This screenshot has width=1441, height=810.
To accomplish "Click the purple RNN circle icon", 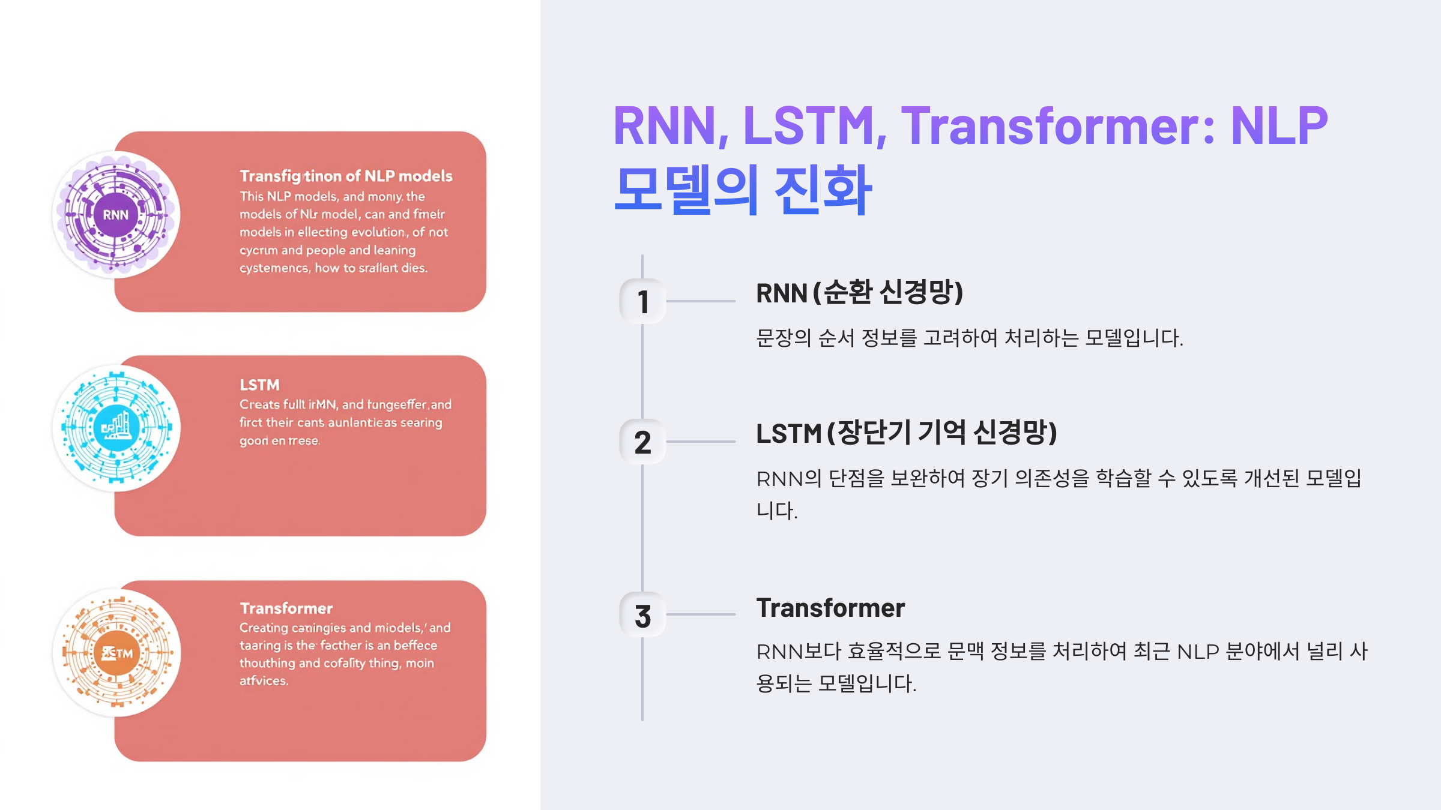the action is click(x=116, y=214).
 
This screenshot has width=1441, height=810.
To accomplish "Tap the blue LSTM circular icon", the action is click(x=116, y=428).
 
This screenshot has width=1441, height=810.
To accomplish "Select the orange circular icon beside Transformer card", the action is click(x=116, y=653).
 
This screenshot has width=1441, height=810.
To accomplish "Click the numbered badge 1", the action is click(x=642, y=301).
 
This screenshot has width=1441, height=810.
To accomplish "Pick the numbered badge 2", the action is click(x=642, y=442).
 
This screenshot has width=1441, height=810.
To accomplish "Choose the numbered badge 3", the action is click(x=642, y=616).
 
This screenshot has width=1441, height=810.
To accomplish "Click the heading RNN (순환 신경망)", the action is click(x=859, y=293).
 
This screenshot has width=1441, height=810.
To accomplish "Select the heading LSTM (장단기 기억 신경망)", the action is click(x=906, y=433).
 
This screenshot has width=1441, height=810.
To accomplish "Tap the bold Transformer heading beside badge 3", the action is click(x=830, y=608).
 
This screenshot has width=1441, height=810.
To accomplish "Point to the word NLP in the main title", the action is click(x=1279, y=126).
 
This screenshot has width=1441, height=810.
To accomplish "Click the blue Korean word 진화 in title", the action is click(x=823, y=190).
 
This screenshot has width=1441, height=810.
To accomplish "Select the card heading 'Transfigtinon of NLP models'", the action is click(x=346, y=176).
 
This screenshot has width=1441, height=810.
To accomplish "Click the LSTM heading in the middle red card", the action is click(x=259, y=385).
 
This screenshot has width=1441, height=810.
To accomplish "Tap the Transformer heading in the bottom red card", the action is click(x=286, y=608).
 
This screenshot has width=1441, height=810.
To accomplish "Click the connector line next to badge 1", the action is click(x=701, y=301).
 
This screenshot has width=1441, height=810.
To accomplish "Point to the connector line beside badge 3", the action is click(x=701, y=614).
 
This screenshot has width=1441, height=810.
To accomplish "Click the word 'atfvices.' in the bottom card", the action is click(x=264, y=681).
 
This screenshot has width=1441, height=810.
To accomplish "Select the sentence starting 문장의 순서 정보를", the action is click(x=969, y=338).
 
